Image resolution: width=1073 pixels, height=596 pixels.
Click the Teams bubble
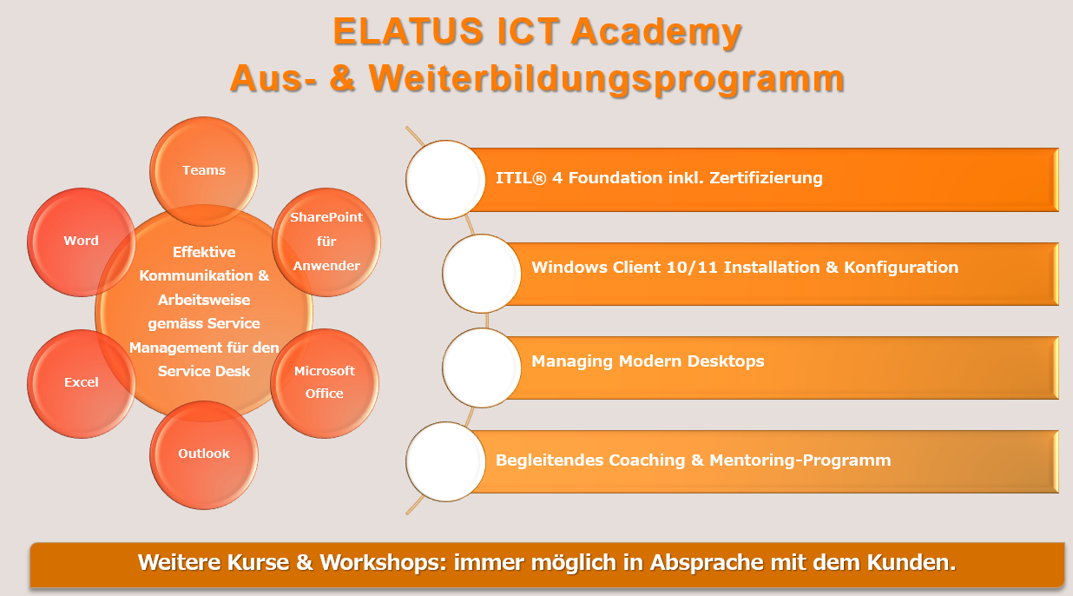point(204,171)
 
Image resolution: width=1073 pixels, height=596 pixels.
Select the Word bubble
point(81,242)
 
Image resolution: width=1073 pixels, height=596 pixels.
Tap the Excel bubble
point(81,383)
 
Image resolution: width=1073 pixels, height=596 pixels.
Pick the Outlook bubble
point(204,454)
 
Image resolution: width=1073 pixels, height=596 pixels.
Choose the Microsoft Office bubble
point(325,383)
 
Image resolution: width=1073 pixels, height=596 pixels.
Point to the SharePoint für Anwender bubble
point(326,242)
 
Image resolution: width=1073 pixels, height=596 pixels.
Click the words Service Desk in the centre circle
point(204,371)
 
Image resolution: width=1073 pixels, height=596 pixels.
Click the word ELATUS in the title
point(408,31)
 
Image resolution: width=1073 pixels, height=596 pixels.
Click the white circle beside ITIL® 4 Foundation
point(445,180)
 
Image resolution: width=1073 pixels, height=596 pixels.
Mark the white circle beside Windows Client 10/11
point(482,274)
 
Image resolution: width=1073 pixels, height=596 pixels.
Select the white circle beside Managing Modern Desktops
point(482,368)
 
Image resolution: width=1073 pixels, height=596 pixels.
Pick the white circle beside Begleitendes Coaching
point(445,461)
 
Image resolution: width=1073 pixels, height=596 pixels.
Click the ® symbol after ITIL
point(539,178)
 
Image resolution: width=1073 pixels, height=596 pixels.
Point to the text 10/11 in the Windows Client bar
point(692,267)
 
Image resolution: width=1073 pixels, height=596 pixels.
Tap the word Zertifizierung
point(766,178)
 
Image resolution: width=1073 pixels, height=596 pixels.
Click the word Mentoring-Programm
point(800,460)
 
